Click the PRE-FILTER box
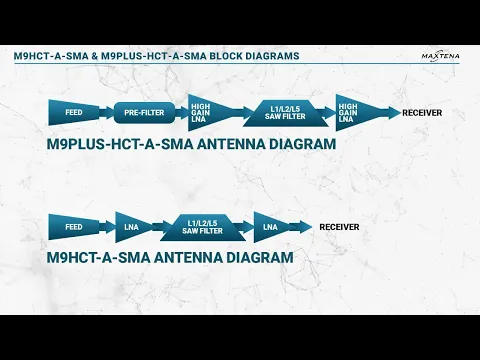point(145,112)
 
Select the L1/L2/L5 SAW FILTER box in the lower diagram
point(204,227)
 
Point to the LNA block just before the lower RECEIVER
point(271,227)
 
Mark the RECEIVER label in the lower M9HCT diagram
point(339,227)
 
